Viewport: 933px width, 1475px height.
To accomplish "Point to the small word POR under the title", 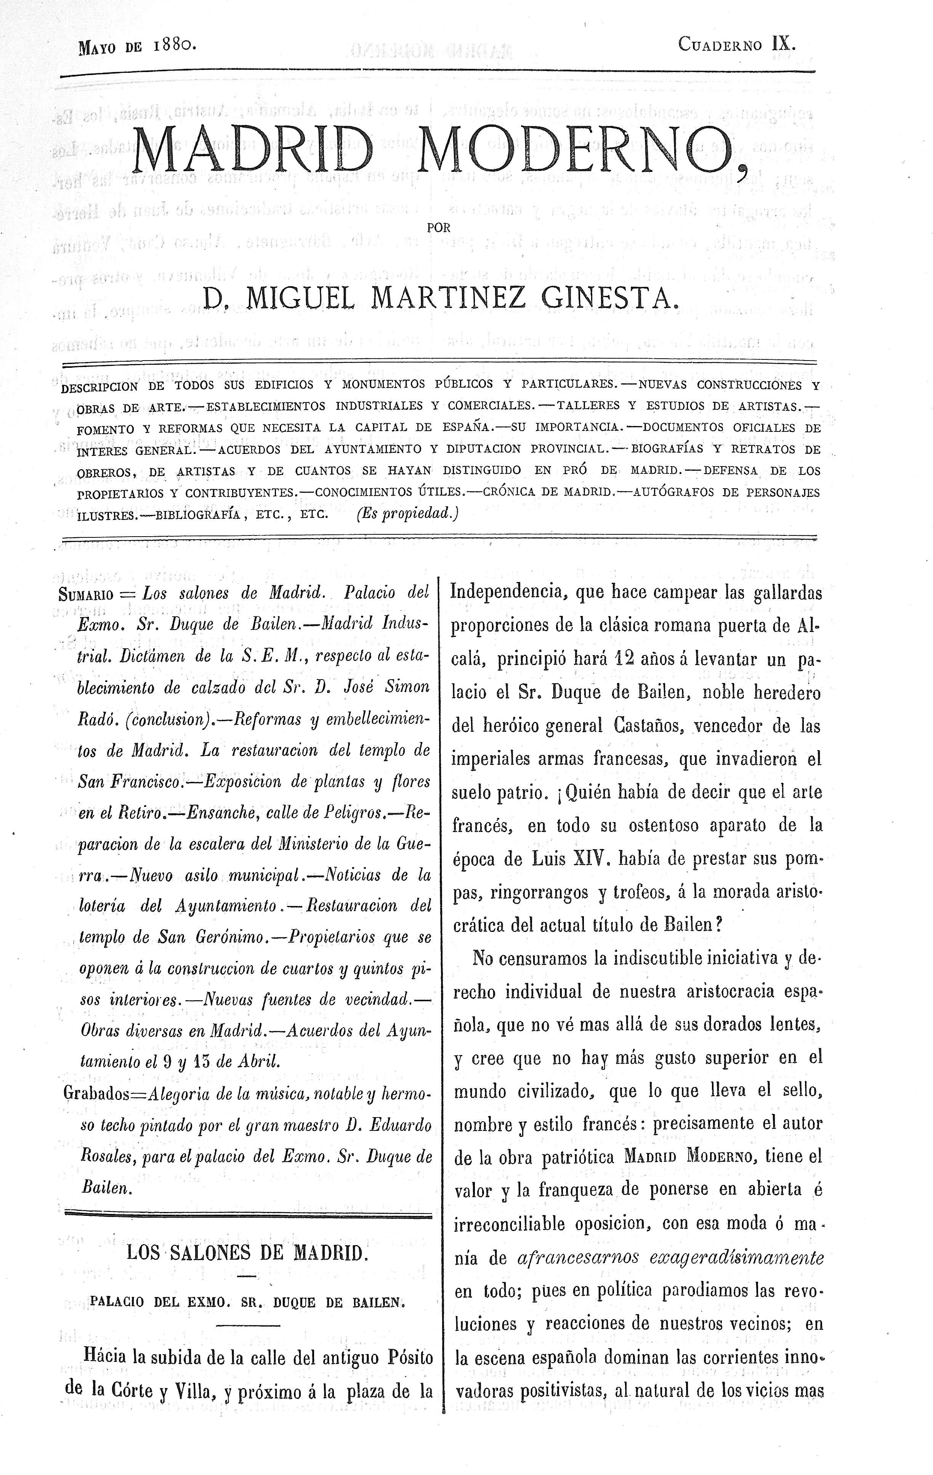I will pyautogui.click(x=439, y=227).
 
